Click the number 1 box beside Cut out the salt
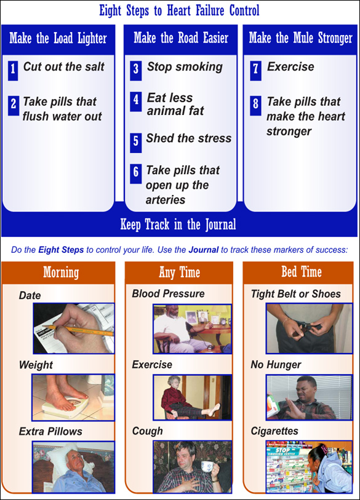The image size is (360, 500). point(13,71)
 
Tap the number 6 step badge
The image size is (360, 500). point(135,174)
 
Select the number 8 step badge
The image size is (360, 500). point(255,106)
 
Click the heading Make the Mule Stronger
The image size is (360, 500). point(301,38)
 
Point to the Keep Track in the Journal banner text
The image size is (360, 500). point(178,224)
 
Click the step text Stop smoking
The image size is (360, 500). point(185,67)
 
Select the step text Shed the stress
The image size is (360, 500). point(189,138)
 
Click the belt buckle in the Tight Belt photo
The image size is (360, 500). point(307,326)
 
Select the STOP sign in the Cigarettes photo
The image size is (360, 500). point(282,451)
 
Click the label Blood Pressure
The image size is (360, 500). point(168,294)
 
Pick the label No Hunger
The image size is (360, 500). point(276,365)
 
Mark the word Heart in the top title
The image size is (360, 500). point(178,10)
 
